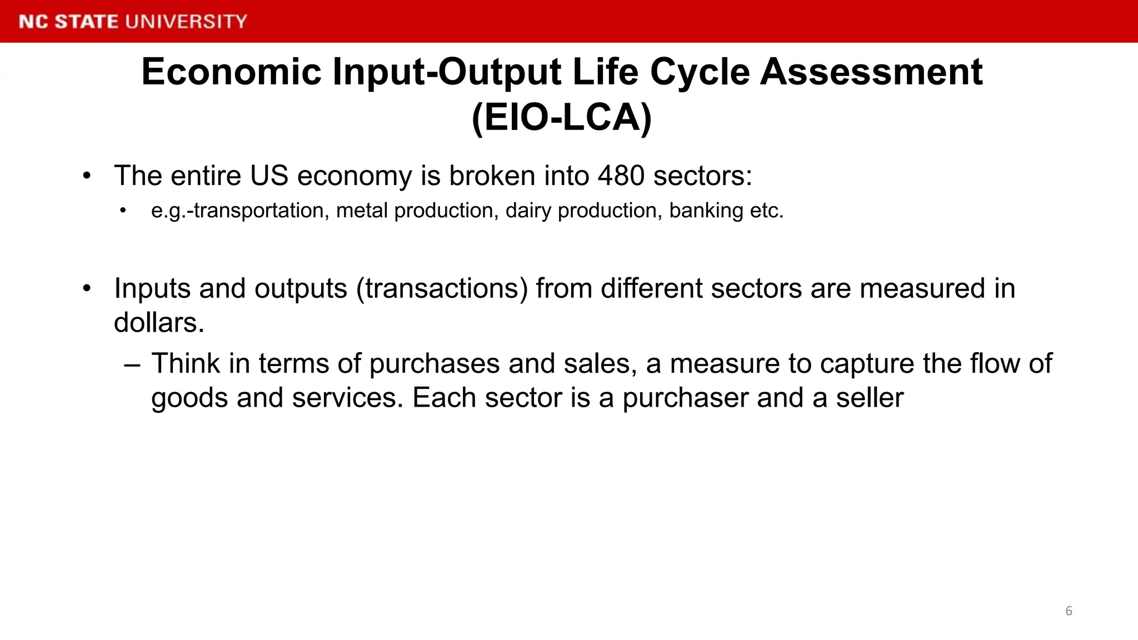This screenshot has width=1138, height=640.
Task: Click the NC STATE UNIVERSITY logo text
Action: tap(133, 22)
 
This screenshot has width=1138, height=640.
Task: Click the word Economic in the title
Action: tap(231, 72)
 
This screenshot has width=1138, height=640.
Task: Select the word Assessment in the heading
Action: tap(871, 72)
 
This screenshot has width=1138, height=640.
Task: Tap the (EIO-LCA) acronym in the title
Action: tap(561, 118)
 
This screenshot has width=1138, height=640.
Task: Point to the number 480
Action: tap(621, 176)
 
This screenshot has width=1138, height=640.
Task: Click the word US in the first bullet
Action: tap(269, 176)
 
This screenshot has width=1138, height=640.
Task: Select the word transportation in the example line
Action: tap(259, 211)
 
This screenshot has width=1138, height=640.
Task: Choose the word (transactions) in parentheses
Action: tap(442, 289)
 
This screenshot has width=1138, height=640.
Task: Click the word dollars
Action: tap(159, 323)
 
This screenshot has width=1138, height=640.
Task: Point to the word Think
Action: tap(186, 364)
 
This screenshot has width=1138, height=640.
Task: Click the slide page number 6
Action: tap(1069, 611)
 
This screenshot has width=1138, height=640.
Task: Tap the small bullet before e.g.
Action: tap(123, 211)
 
